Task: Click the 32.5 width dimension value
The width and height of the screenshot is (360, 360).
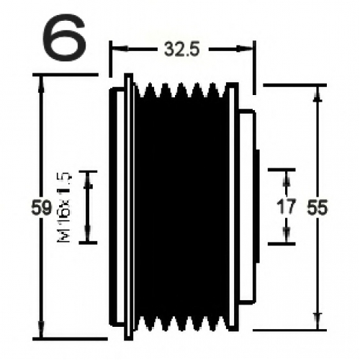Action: (x=181, y=50)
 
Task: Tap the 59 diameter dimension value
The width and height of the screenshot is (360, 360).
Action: (x=41, y=207)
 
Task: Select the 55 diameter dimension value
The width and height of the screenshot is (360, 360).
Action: (x=318, y=207)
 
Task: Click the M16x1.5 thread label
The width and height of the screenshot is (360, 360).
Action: (x=64, y=207)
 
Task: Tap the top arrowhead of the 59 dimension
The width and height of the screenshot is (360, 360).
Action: (x=42, y=84)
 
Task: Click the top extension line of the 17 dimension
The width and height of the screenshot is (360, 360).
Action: (x=282, y=170)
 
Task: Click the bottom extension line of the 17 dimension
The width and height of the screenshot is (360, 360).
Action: (x=282, y=244)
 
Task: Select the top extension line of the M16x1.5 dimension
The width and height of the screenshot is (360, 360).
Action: (x=88, y=171)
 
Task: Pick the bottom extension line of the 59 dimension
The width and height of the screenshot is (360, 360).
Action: (x=70, y=339)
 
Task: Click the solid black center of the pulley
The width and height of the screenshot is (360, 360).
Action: (x=181, y=207)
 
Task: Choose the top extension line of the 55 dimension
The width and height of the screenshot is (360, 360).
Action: (x=295, y=85)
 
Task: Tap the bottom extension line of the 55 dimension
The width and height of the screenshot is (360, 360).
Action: (x=289, y=330)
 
